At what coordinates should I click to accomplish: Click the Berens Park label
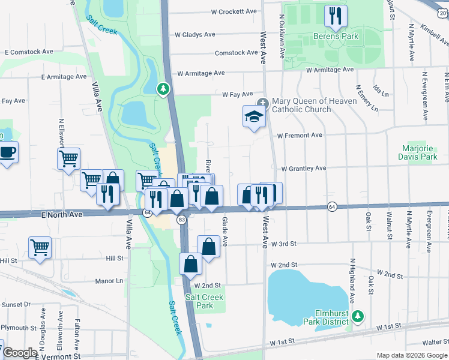click(x=335, y=36)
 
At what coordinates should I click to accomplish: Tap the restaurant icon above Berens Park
click(x=335, y=15)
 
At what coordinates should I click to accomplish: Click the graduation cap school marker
click(x=255, y=116)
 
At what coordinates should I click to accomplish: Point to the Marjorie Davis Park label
click(x=417, y=152)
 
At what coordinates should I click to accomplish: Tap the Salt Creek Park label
click(x=204, y=301)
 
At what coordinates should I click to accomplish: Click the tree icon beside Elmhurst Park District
click(x=358, y=316)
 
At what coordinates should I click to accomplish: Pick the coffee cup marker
click(x=7, y=152)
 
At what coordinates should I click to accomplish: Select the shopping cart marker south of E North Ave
click(x=40, y=247)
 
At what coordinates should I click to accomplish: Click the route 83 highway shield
click(x=181, y=221)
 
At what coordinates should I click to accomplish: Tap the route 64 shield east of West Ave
click(x=332, y=206)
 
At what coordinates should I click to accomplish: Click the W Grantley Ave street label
click(x=303, y=169)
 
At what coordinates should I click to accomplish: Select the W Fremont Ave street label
click(x=300, y=135)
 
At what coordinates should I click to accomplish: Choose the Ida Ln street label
click(x=381, y=92)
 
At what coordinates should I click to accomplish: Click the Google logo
click(x=20, y=353)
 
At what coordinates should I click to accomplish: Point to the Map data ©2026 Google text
click(x=411, y=355)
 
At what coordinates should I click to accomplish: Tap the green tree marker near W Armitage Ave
click(x=163, y=89)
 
